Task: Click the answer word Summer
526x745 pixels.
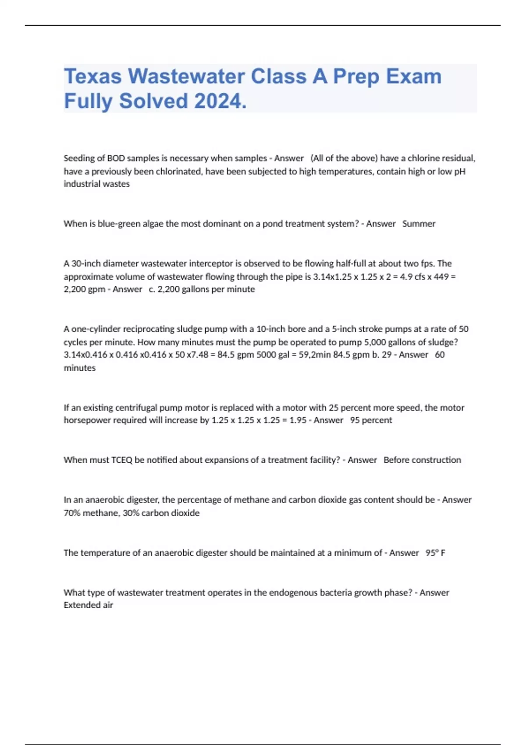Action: [419, 224]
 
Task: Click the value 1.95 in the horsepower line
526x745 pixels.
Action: [298, 420]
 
